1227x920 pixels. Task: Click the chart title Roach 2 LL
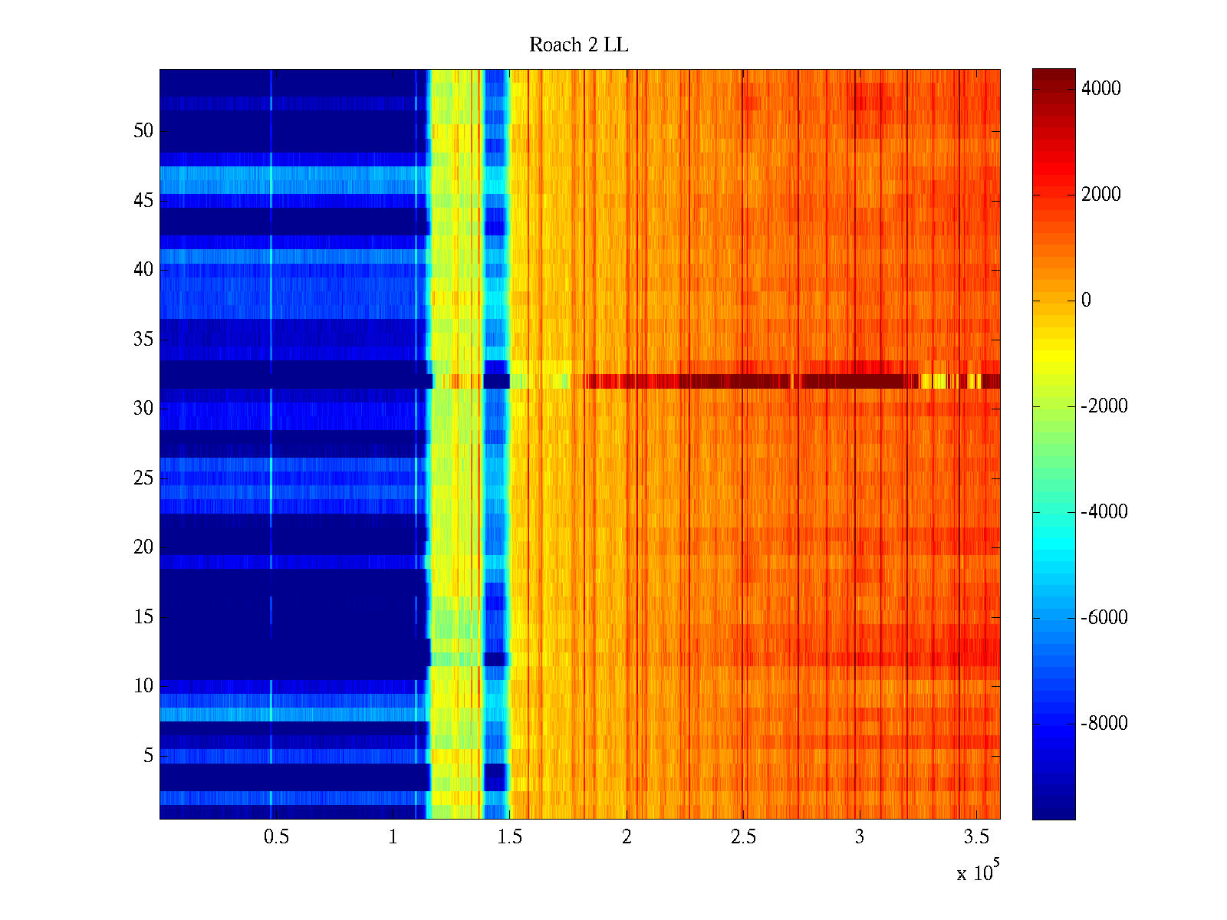coord(578,45)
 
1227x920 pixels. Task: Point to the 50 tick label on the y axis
coord(143,131)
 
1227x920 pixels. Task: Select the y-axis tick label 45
coord(143,201)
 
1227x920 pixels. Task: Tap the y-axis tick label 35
coord(143,339)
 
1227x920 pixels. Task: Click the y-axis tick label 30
coord(143,409)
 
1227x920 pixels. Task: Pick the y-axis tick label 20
coord(143,547)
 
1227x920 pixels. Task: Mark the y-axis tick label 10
coord(143,686)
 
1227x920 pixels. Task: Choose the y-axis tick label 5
coord(148,756)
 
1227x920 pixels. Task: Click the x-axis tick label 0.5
coord(276,836)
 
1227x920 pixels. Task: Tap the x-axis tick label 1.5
coord(509,836)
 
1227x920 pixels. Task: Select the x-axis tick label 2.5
coord(742,836)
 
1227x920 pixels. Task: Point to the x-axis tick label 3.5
coord(975,836)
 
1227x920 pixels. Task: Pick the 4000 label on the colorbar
coord(1100,89)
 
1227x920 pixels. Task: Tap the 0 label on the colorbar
coord(1086,301)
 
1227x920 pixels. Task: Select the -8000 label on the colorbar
coord(1104,724)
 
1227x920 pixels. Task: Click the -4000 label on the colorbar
coord(1104,512)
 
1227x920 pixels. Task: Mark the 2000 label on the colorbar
coord(1100,195)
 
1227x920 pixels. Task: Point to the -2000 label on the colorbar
coord(1104,406)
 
